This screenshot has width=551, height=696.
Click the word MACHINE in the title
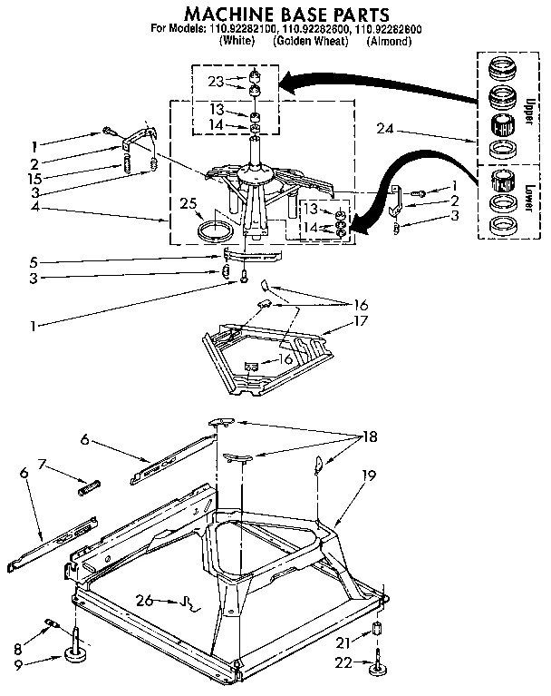[x=228, y=15]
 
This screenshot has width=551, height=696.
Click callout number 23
[x=216, y=82]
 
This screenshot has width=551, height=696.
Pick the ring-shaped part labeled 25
[x=214, y=228]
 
